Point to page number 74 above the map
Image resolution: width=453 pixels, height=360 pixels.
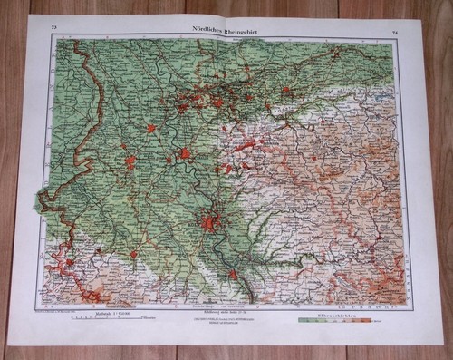(395, 34)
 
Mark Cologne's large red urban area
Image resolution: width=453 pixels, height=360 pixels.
(211, 221)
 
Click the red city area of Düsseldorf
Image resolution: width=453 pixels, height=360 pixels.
(185, 153)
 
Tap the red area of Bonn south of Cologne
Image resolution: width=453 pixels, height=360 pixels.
(233, 272)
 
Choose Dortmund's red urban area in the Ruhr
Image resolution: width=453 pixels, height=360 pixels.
(285, 90)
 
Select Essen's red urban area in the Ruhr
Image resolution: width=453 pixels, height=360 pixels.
(218, 102)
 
